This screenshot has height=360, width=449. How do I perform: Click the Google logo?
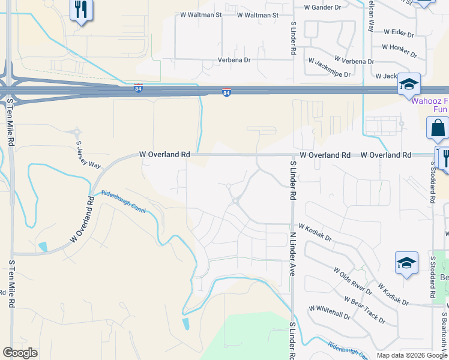(20, 352)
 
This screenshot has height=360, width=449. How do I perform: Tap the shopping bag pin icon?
(438, 128)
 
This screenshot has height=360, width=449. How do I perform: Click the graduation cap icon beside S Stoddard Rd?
(406, 263)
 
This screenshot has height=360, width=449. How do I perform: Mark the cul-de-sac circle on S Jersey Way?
(77, 131)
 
